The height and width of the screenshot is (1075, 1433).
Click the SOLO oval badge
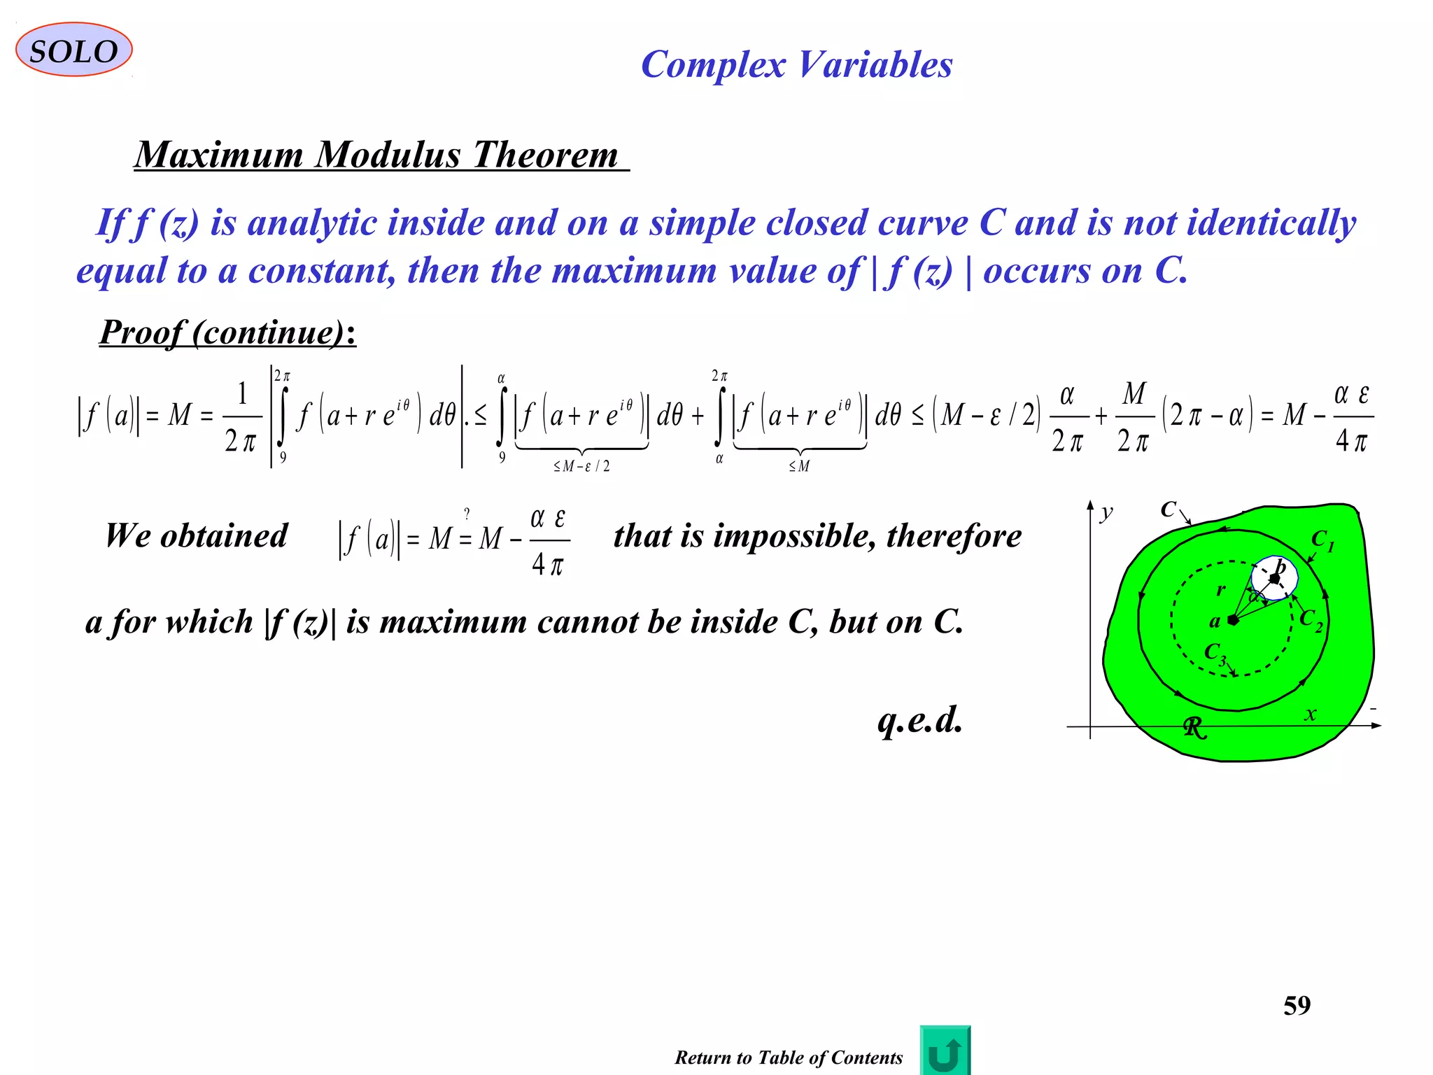(x=73, y=50)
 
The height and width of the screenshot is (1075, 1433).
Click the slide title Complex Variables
(x=796, y=65)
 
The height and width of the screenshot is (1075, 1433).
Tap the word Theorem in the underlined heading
(x=545, y=155)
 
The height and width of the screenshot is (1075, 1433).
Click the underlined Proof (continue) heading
(x=227, y=332)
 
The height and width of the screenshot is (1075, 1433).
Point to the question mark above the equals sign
(x=467, y=515)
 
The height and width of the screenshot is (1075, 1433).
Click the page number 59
(x=1297, y=1006)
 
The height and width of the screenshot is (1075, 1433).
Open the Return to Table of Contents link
(x=789, y=1058)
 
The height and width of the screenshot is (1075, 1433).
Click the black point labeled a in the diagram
(x=1233, y=620)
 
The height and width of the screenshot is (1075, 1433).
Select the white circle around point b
(x=1275, y=577)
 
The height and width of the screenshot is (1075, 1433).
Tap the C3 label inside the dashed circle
(x=1215, y=653)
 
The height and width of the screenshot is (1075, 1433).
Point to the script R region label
(x=1195, y=728)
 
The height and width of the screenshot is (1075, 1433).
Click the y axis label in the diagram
(x=1106, y=513)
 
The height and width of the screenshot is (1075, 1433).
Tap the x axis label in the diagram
(x=1310, y=714)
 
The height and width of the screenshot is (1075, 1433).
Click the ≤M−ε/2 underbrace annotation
(x=581, y=466)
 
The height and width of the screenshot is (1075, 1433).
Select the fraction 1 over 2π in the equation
(x=241, y=417)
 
